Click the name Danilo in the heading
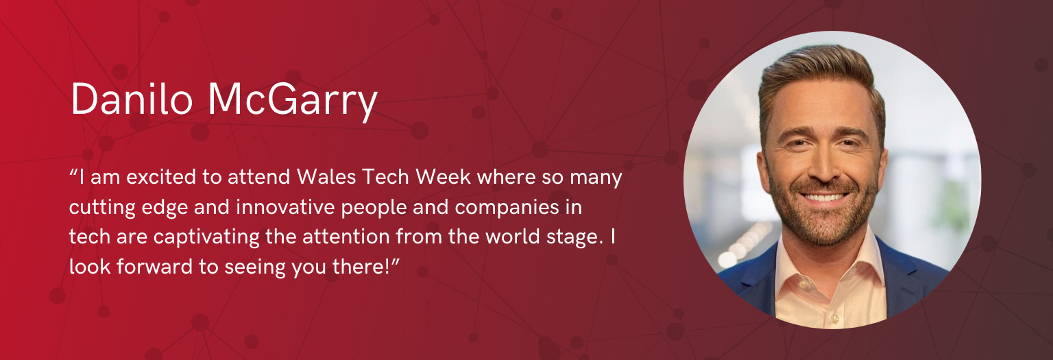pos(132,99)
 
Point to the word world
pos(512,237)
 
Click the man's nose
pos(823,167)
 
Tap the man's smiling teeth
pos(823,197)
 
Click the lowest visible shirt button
pos(835,319)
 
